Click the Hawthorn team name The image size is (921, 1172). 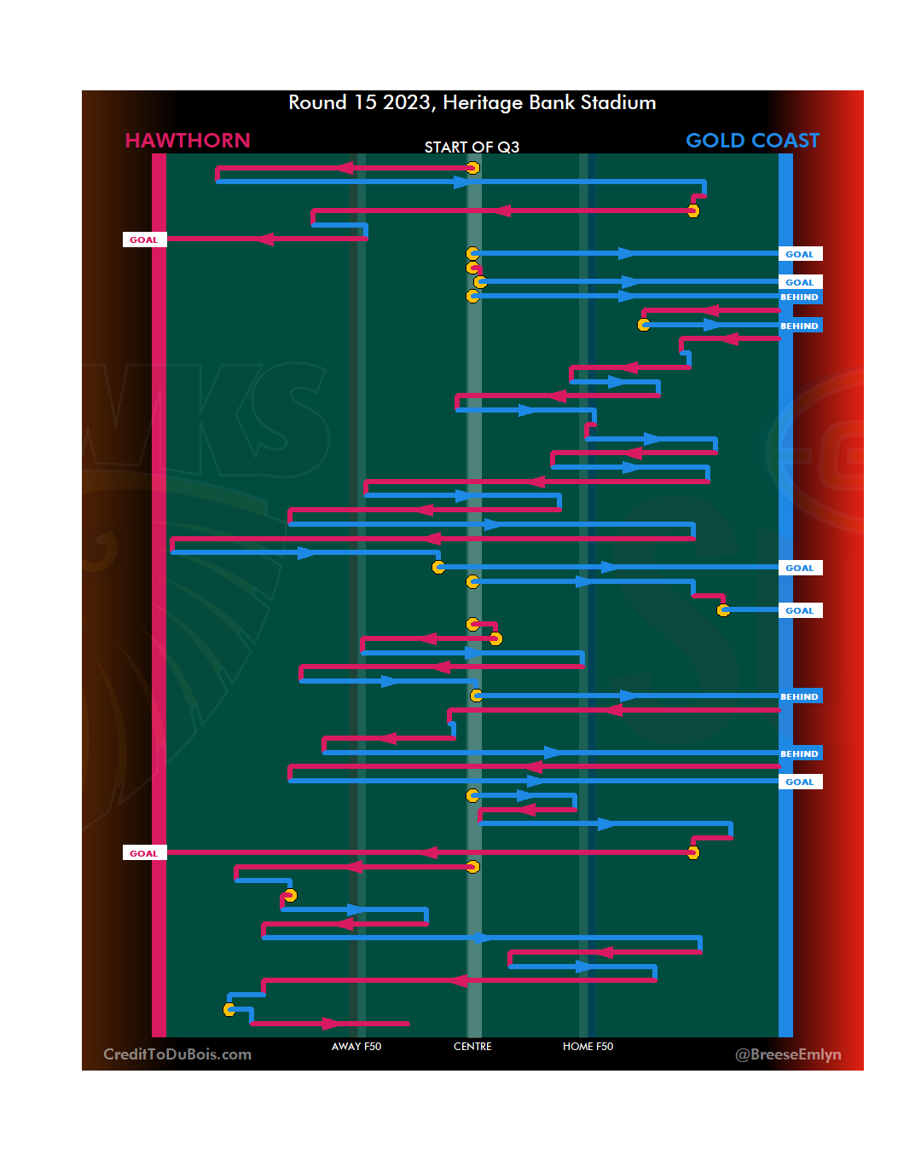pyautogui.click(x=188, y=141)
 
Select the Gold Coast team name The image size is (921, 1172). pyautogui.click(x=752, y=141)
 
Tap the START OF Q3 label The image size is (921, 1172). pyautogui.click(x=472, y=147)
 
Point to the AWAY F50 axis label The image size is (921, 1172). pyautogui.click(x=356, y=1047)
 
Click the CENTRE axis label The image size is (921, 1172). pyautogui.click(x=472, y=1047)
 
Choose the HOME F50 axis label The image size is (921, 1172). pyautogui.click(x=588, y=1047)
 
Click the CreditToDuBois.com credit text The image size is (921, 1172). pyautogui.click(x=177, y=1054)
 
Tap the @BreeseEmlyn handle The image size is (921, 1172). pyautogui.click(x=788, y=1054)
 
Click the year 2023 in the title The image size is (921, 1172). pyautogui.click(x=407, y=103)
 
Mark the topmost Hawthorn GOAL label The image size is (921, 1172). pyautogui.click(x=143, y=240)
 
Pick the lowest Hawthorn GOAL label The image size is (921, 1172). pyautogui.click(x=143, y=853)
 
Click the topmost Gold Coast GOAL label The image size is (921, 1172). pyautogui.click(x=799, y=254)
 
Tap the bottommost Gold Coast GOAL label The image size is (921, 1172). pyautogui.click(x=799, y=782)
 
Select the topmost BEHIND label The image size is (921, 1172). pyautogui.click(x=799, y=297)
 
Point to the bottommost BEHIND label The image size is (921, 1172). pyautogui.click(x=799, y=753)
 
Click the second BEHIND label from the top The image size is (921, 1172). pyautogui.click(x=799, y=326)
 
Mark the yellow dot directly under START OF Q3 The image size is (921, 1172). pyautogui.click(x=472, y=168)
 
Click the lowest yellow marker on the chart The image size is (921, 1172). pyautogui.click(x=229, y=1010)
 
